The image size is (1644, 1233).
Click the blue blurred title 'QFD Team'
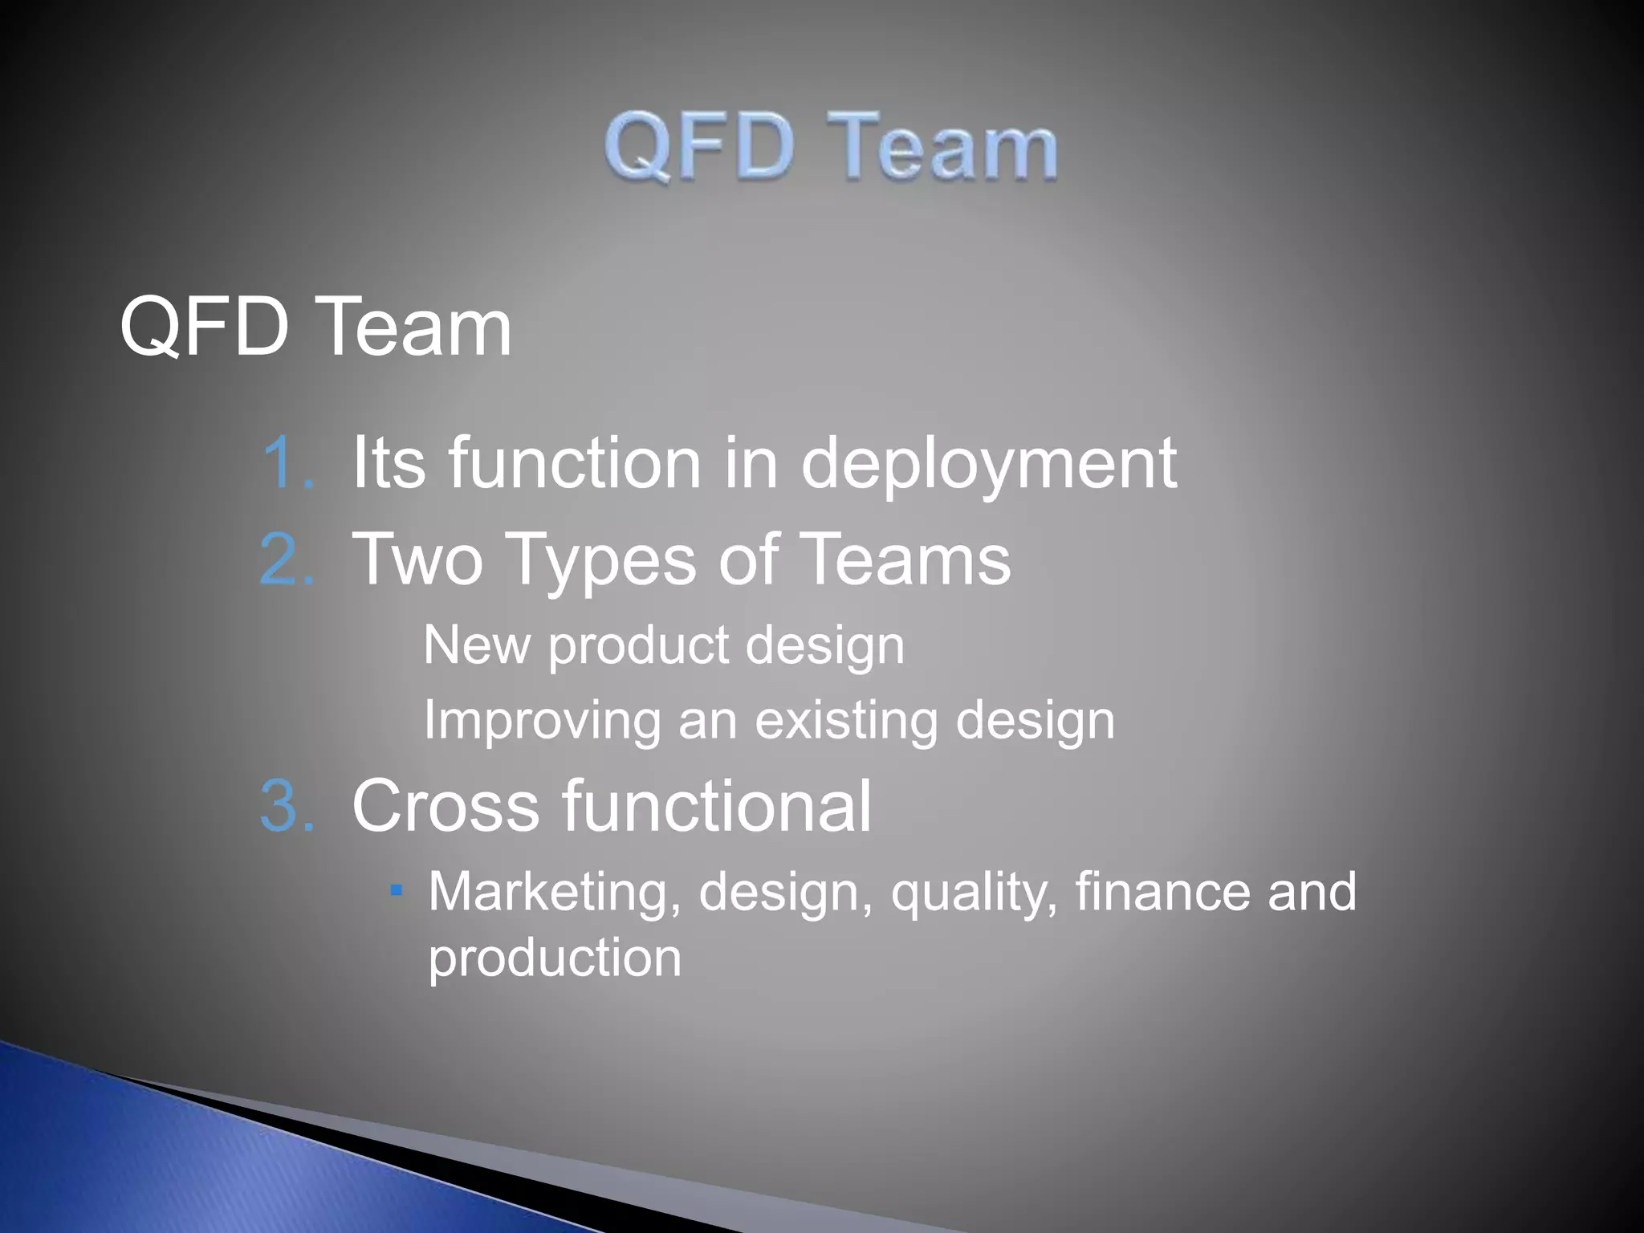coord(831,147)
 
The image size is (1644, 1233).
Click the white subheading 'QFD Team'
coord(315,327)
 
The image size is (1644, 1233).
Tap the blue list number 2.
coord(287,560)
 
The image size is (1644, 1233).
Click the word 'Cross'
coord(446,806)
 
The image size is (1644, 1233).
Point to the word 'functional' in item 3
coord(716,806)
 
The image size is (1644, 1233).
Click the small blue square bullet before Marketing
coord(396,890)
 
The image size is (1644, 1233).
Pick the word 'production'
coord(555,958)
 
